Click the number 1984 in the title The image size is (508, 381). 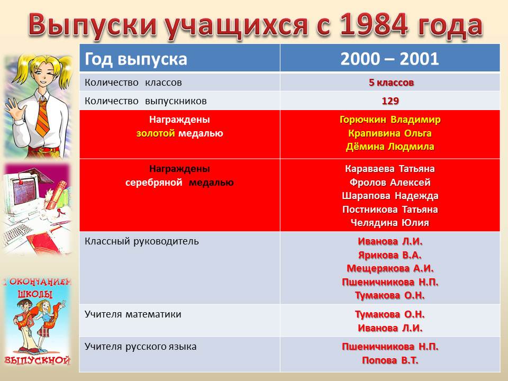pos(374,25)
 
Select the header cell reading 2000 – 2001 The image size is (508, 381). pos(390,59)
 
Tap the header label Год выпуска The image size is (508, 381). pos(136,59)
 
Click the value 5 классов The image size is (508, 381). pos(391,83)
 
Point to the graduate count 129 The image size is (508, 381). pos(390,101)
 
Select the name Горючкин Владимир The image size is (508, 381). pos(390,120)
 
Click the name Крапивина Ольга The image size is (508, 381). pos(390,133)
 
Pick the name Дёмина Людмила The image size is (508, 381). pos(390,147)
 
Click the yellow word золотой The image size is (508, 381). pos(156,133)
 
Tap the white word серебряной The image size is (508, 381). pos(154,183)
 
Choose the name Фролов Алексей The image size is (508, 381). pos(390,183)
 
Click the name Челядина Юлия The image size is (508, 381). pos(390,223)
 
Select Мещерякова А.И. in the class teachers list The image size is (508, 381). pos(390,268)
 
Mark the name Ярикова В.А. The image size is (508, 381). pos(390,255)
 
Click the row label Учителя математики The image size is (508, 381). pos(133,314)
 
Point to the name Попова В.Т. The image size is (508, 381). pos(390,360)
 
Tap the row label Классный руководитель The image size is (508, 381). pos(142,242)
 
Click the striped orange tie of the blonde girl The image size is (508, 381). pos(43,117)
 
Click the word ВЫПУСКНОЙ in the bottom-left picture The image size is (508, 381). pos(37,360)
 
